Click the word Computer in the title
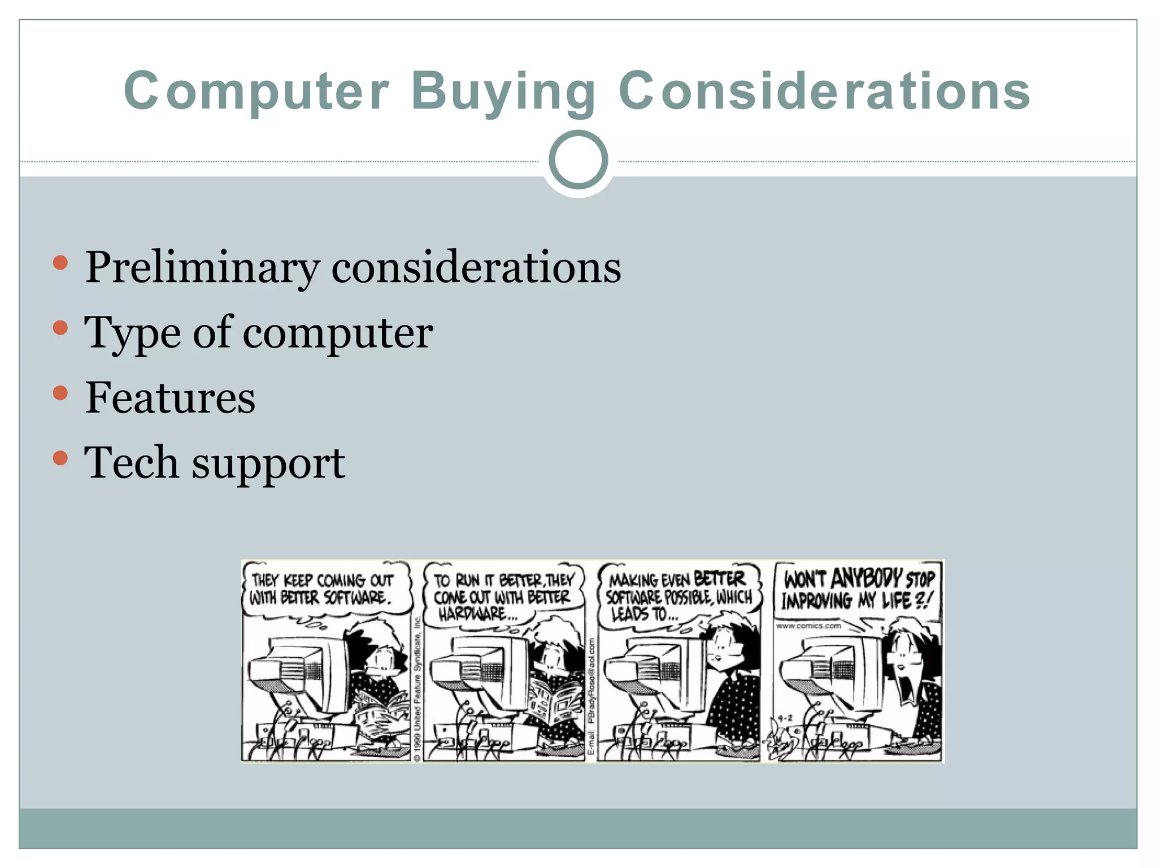256,92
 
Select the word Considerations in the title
825,92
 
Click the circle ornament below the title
578,160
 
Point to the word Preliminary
202,268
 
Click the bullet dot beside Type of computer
60,328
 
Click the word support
268,465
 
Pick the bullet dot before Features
60,393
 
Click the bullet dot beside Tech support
60,458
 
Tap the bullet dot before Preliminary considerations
60,263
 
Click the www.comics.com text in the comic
808,626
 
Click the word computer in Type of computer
337,333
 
